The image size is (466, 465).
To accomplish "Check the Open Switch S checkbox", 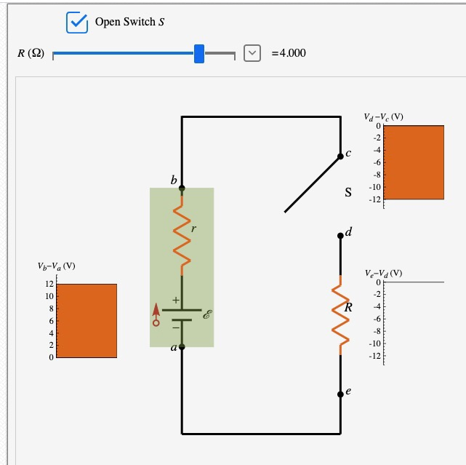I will [76, 23].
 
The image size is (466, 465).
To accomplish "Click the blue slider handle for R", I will [199, 53].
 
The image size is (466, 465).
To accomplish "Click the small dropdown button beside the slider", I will [252, 52].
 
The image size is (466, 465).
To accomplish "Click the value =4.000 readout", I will [289, 53].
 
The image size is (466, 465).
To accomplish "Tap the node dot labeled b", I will [182, 188].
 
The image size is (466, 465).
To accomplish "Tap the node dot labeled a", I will [182, 347].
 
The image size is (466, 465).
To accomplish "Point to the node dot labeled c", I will [340, 156].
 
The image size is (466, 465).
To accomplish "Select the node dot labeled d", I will [340, 236].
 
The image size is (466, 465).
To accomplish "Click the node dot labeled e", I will [340, 394].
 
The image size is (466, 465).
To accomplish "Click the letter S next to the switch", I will [348, 194].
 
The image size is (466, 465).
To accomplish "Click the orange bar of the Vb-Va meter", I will [86, 321].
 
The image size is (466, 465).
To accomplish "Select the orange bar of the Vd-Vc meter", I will [413, 162].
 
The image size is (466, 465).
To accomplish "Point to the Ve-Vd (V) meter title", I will [383, 274].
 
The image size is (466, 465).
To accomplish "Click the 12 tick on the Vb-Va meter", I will [49, 284].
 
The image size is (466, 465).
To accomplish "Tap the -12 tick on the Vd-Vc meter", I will [374, 199].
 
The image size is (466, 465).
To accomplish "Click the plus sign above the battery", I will [175, 299].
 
